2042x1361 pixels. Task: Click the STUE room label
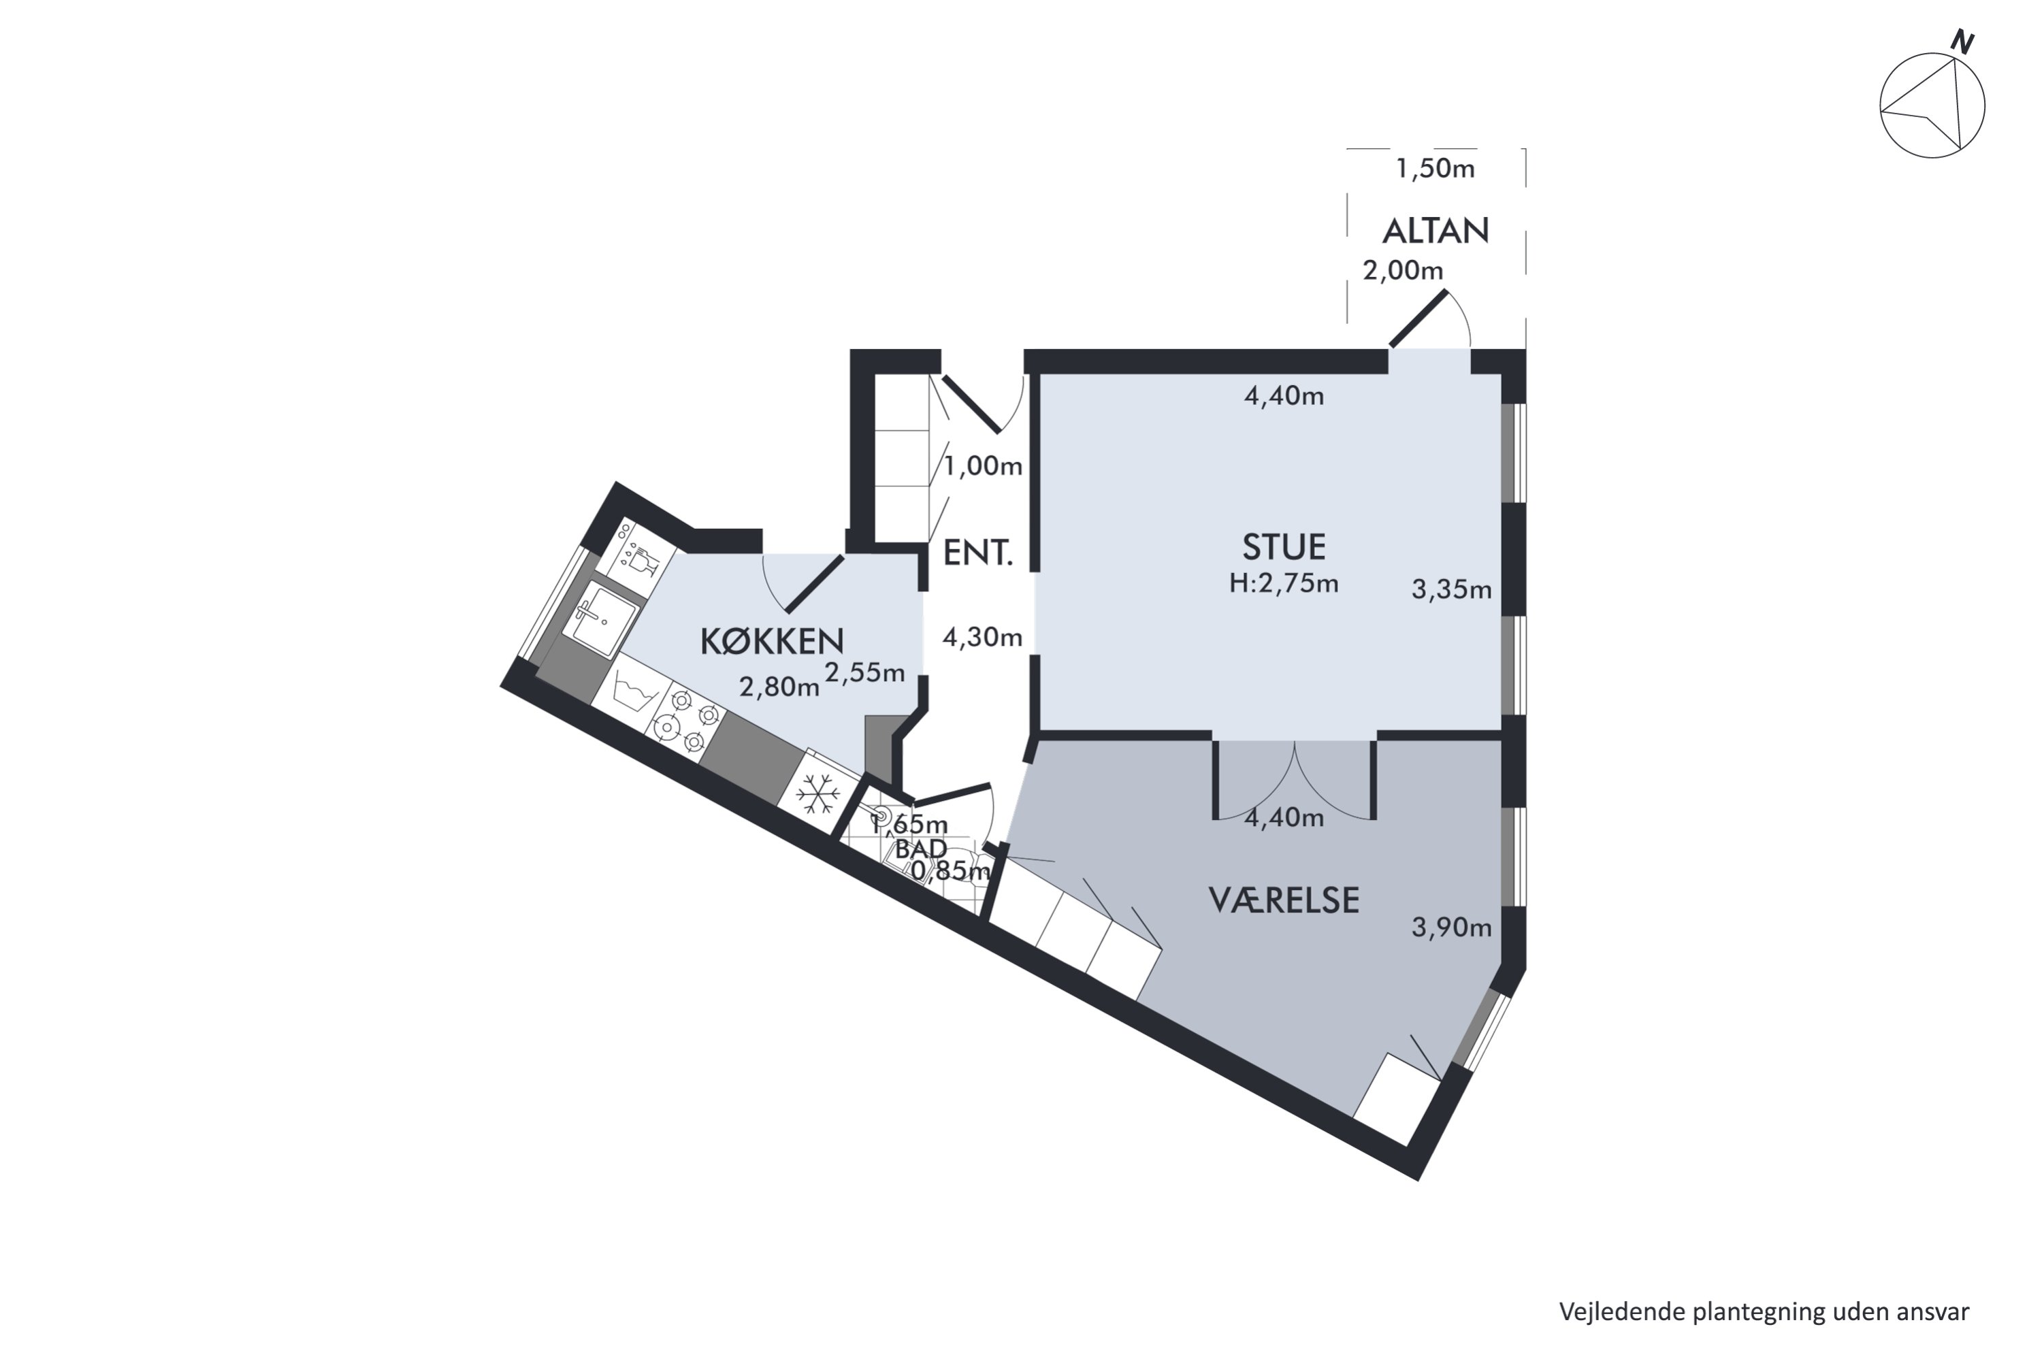1284,548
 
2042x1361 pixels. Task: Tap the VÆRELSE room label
1284,901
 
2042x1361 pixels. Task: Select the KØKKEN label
772,642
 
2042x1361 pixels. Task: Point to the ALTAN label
1436,231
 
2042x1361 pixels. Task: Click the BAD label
921,848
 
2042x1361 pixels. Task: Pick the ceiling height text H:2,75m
1284,584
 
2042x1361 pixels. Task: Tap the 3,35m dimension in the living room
1452,590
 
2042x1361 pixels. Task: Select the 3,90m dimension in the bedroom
1452,928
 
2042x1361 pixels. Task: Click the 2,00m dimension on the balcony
1403,271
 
